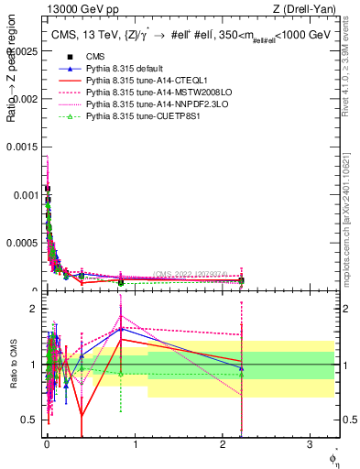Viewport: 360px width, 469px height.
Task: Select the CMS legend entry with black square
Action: (x=97, y=58)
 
